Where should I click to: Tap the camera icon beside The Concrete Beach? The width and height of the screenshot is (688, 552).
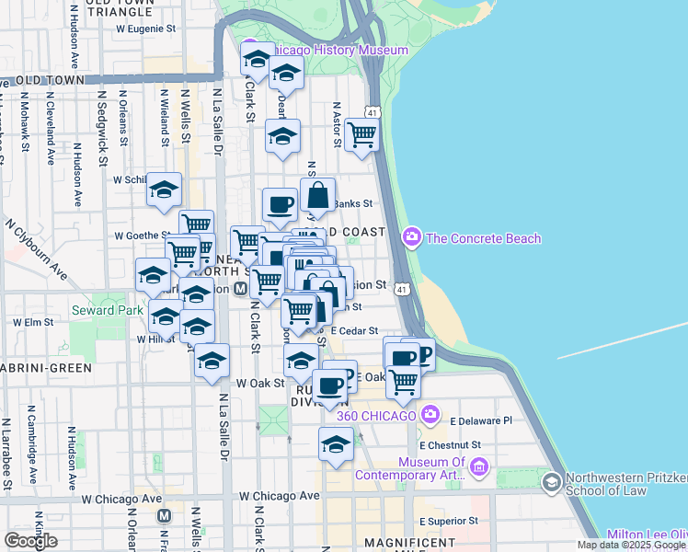(x=411, y=238)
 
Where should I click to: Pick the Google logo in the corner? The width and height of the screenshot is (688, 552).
(x=30, y=541)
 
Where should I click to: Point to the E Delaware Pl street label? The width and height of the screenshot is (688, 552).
(x=480, y=420)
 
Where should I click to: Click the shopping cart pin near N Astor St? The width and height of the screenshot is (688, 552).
(x=361, y=134)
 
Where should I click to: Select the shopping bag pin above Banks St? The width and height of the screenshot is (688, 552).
(x=317, y=195)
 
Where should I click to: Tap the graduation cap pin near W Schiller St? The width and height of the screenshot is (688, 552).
(x=165, y=190)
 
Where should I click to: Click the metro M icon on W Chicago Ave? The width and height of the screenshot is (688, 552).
(x=165, y=516)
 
